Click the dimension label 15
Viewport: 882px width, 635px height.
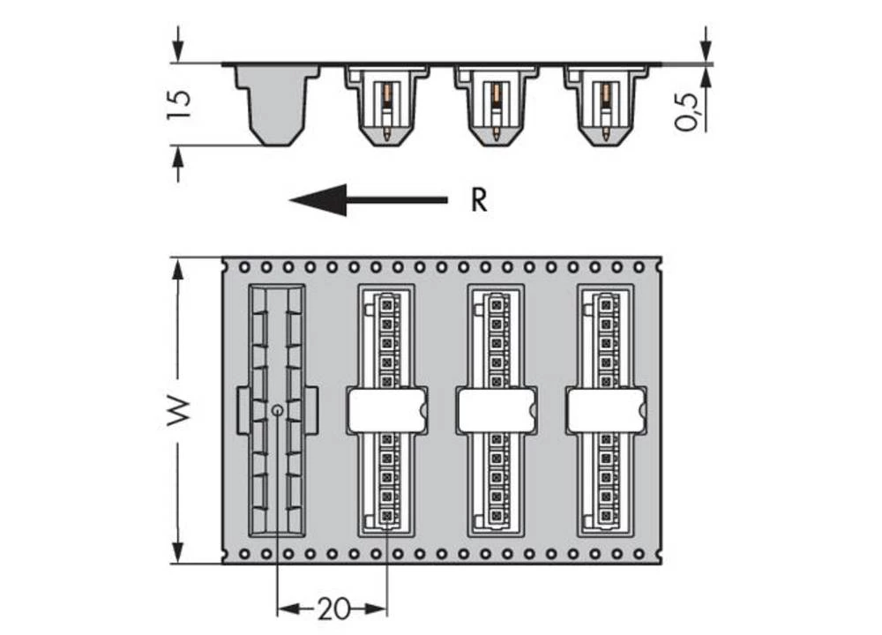[178, 104]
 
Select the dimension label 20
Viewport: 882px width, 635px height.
[333, 609]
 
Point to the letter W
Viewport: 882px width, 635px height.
[179, 411]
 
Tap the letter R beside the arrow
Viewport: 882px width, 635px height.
[478, 201]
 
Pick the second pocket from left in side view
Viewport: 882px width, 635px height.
[386, 106]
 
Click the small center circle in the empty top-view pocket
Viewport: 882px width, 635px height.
[277, 410]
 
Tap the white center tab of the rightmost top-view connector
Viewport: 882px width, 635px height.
[606, 411]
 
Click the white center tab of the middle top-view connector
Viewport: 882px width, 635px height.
[497, 411]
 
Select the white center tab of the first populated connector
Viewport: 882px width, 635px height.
[387, 411]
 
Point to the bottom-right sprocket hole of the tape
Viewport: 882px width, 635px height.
[638, 555]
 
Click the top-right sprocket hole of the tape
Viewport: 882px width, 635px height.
[638, 265]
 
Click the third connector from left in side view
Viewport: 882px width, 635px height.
[496, 106]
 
